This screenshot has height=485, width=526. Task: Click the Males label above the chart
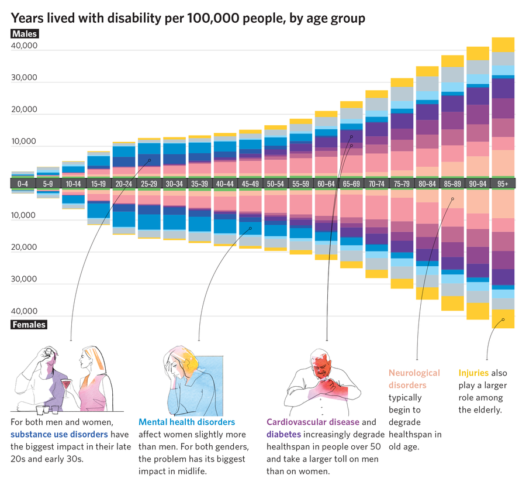[x=25, y=34]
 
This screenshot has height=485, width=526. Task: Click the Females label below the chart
[x=29, y=325]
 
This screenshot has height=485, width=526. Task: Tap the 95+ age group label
[x=503, y=184]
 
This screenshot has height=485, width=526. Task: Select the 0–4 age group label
[x=23, y=184]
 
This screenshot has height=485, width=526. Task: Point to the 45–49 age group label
[x=250, y=184]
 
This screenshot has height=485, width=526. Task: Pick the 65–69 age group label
[x=351, y=184]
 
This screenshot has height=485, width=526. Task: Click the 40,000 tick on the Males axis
[x=25, y=46]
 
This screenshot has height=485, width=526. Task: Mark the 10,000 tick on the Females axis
[x=25, y=215]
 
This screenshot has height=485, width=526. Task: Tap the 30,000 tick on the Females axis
[x=25, y=280]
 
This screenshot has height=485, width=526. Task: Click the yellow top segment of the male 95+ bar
[x=503, y=44]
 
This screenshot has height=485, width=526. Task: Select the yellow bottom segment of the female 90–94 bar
[x=477, y=311]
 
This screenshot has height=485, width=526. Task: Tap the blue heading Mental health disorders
[x=186, y=422]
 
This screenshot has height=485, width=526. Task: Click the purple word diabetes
[x=285, y=434]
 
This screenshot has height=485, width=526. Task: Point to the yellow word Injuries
[x=473, y=373]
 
